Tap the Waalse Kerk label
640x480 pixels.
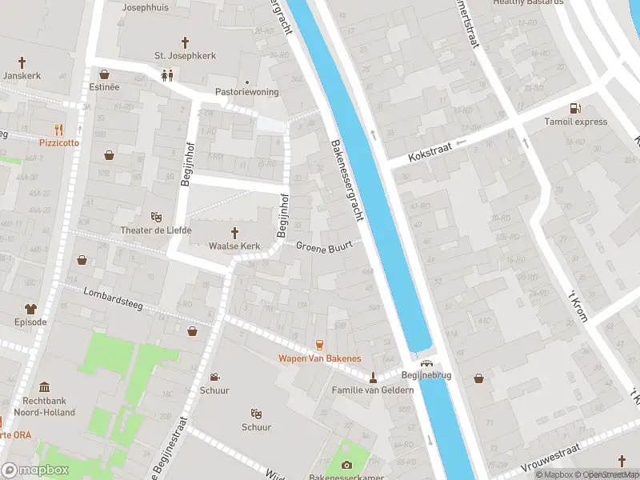pos(236,246)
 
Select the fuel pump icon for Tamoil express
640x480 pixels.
pos(574,108)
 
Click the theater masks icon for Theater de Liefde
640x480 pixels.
pos(157,217)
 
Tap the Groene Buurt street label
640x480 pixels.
pos(323,246)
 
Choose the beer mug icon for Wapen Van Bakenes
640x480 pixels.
pos(319,344)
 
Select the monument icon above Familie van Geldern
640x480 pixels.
pos(373,376)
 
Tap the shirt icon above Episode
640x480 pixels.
pos(31,308)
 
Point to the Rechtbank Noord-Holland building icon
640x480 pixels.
pos(43,387)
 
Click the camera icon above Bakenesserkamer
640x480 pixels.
pos(346,465)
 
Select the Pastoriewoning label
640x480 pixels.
pos(247,92)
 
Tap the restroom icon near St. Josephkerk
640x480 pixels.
pos(167,74)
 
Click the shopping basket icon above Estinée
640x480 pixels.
pos(104,74)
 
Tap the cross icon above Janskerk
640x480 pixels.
pos(22,62)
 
